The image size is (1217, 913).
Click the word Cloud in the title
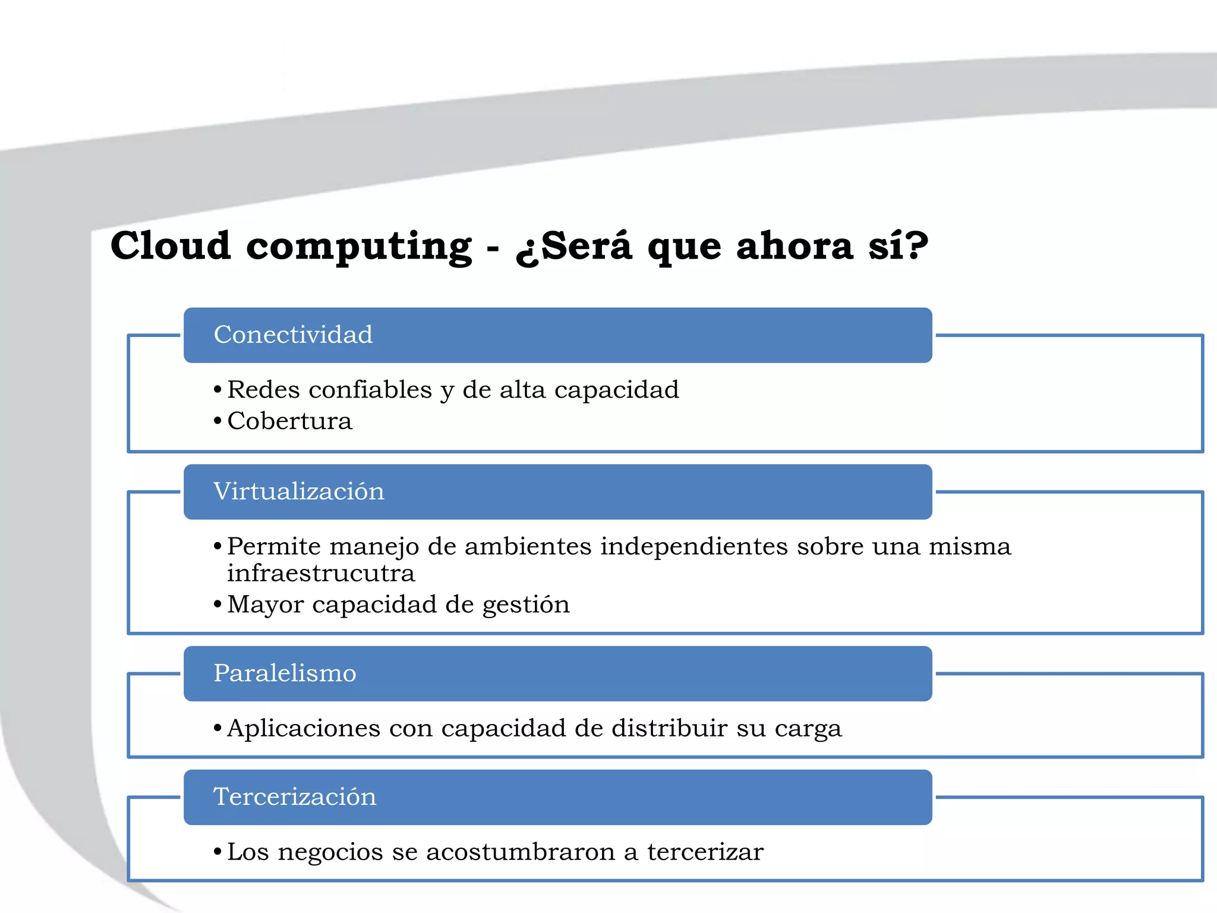tap(171, 245)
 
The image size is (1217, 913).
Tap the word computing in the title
tap(359, 247)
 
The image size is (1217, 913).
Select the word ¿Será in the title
tap(574, 245)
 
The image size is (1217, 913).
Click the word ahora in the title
tap(794, 245)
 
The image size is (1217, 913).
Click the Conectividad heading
tap(293, 335)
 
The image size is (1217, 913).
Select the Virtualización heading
tap(298, 492)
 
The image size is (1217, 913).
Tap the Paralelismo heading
tap(285, 673)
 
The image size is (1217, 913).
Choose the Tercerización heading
tap(295, 797)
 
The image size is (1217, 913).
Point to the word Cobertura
tap(289, 421)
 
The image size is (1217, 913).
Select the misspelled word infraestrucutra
tap(321, 574)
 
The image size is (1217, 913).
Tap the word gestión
tap(526, 605)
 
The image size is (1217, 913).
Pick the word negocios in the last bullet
tap(330, 852)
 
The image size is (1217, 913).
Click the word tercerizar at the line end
tap(705, 852)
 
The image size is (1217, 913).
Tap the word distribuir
tap(669, 729)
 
